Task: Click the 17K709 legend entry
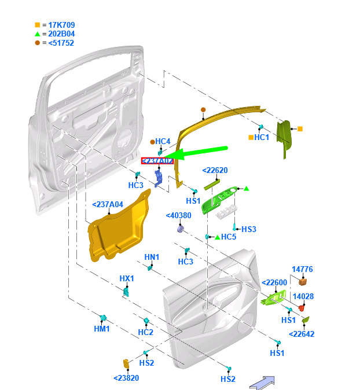tap(57, 25)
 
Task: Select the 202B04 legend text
tap(57, 34)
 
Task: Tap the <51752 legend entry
tap(58, 43)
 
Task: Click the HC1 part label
tap(262, 138)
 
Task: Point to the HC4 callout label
tap(163, 142)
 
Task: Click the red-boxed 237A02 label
tap(157, 161)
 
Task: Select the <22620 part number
tap(215, 170)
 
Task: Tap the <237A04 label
tap(108, 204)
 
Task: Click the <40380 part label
tap(178, 216)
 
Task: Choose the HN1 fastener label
tap(152, 257)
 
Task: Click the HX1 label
tap(127, 278)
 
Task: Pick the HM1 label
tap(102, 329)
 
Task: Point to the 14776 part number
tap(302, 269)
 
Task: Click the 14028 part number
tap(303, 296)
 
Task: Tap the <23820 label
tap(126, 378)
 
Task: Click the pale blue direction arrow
tap(262, 382)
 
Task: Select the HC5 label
tap(229, 237)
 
